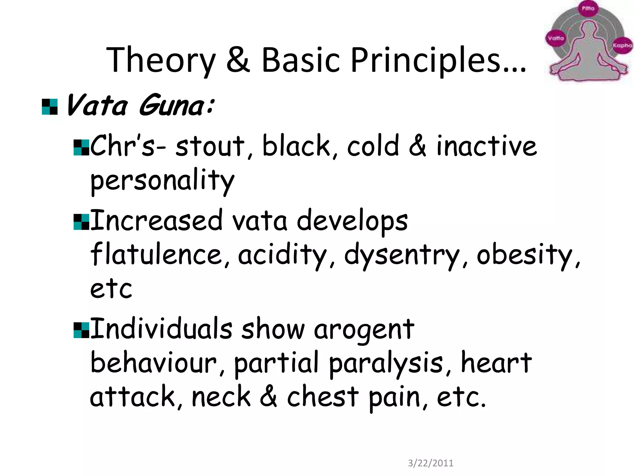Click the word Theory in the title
point(161,60)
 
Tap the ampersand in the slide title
point(238,59)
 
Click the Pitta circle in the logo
point(588,9)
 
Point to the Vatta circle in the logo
point(556,38)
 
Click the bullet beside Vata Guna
point(50,107)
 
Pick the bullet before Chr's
point(81,148)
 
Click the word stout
point(210,146)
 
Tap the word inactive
point(486,146)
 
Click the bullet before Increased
point(81,222)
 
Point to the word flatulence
point(157,255)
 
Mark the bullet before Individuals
point(81,330)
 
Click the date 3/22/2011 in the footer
point(431,463)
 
